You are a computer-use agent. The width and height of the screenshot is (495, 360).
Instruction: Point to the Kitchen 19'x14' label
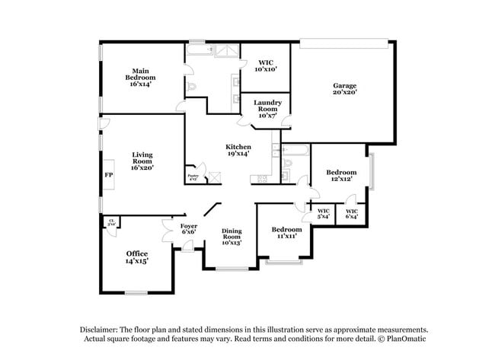238,150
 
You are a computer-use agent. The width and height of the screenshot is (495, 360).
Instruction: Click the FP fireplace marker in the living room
108,174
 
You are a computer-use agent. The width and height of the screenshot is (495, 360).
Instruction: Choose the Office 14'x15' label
137,257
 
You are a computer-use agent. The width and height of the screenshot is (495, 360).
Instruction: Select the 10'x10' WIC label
266,65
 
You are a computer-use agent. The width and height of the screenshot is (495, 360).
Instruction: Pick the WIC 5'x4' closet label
323,214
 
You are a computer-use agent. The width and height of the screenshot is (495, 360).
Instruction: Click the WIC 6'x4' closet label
352,214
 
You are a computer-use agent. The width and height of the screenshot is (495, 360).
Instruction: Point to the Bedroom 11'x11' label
286,233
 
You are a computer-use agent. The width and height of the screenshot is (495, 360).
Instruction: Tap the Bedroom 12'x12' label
341,176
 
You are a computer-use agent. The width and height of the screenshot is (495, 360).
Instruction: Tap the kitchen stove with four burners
263,178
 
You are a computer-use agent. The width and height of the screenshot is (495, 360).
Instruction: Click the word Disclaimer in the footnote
104,330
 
